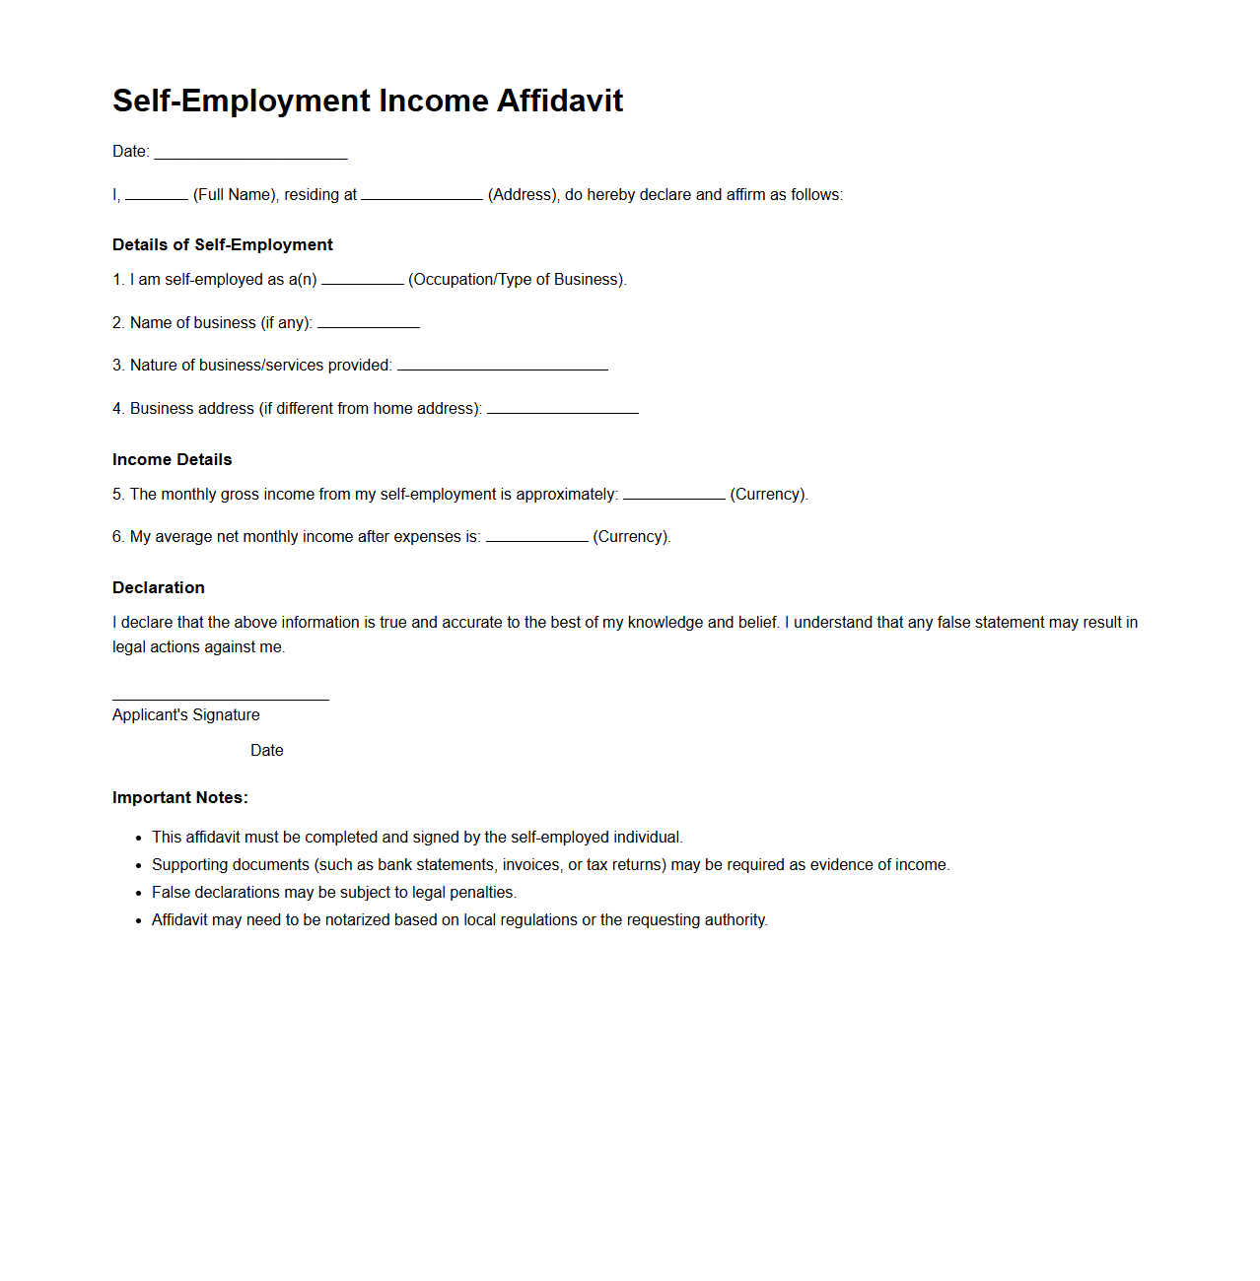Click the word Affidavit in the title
559,101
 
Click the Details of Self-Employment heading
222,244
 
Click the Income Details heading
172,459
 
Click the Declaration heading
158,587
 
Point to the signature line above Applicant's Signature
220,698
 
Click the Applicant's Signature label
185,715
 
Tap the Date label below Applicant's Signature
266,751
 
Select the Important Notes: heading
179,797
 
